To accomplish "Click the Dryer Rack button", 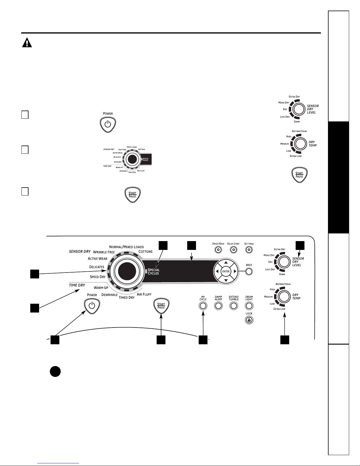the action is coord(218,250).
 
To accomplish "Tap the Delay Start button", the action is coord(234,250).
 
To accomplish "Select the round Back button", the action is coord(249,271).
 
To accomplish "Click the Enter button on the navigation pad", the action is coord(226,271).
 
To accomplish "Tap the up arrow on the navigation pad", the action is coord(226,263).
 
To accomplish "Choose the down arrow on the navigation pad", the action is coord(226,280).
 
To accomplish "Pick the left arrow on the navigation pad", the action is coord(217,271).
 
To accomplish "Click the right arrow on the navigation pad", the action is coord(235,271).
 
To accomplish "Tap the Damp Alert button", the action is coord(218,306).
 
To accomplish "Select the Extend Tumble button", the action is coord(234,306).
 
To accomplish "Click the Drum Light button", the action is coord(249,306).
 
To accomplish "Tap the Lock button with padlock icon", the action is coord(249,320).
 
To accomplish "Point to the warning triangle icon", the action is coord(27,42).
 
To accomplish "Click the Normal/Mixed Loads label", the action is coord(126,247).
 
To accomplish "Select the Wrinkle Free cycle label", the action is coord(104,252).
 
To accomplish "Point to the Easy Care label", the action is coord(122,149).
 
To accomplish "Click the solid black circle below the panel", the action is coord(55,372).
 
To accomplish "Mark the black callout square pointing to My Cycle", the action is coord(203,340).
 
